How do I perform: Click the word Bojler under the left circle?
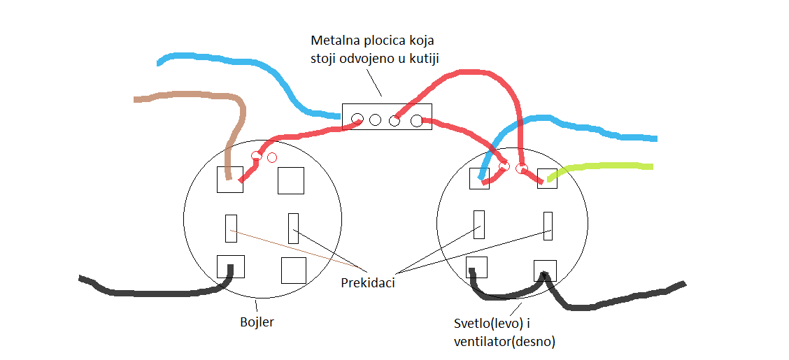click(256, 323)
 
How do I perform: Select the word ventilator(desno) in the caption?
click(504, 343)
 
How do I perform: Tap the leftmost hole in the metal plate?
click(358, 119)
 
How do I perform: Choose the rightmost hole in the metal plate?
click(417, 120)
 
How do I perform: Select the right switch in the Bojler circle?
click(293, 228)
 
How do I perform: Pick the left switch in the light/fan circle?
click(479, 224)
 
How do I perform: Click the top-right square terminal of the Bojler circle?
click(291, 180)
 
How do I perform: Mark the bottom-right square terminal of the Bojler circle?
click(293, 270)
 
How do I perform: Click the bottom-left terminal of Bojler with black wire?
click(230, 266)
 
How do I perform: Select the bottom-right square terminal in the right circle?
click(545, 270)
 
